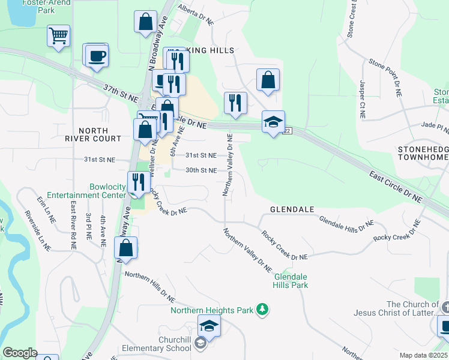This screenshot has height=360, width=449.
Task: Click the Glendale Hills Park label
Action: (291, 281)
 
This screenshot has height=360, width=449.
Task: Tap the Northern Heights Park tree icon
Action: (262, 310)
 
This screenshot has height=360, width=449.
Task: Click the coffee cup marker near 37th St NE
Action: (96, 56)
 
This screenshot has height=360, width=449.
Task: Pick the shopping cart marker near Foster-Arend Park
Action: (58, 36)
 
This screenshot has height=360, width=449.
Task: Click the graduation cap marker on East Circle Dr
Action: (273, 123)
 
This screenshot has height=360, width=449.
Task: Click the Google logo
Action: (20, 353)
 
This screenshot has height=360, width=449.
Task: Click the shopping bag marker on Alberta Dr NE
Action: (146, 23)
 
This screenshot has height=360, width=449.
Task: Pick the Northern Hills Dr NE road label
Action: (149, 286)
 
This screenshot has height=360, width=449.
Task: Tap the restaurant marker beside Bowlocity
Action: (138, 183)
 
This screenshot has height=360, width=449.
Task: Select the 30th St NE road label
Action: (200, 170)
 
